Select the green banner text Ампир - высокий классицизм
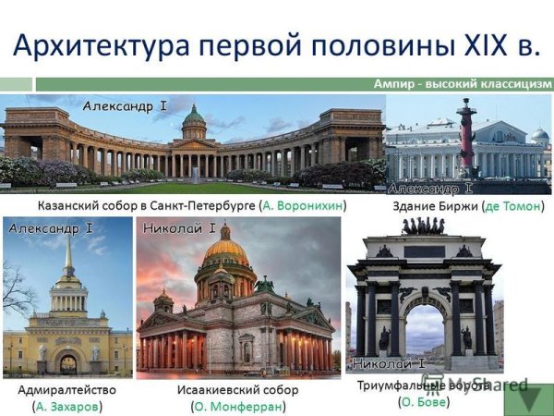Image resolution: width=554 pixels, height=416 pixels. (x=463, y=83)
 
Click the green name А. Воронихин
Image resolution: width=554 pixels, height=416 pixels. (x=303, y=204)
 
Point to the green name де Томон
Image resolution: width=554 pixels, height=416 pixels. (x=512, y=205)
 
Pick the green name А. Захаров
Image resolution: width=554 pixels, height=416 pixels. (x=67, y=406)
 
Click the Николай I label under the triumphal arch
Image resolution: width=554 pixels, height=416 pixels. (x=389, y=362)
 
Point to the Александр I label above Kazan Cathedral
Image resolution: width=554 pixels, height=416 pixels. (x=125, y=106)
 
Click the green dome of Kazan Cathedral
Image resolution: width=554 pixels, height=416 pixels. (x=194, y=118)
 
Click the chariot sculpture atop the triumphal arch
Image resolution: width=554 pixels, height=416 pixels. (x=423, y=226)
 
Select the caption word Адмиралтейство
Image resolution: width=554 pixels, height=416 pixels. (x=67, y=389)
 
